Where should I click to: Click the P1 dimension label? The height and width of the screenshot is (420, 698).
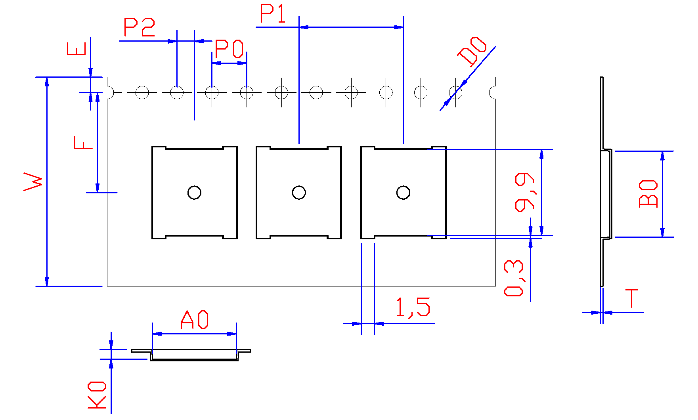click(273, 13)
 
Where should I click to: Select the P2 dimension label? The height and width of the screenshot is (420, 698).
click(139, 27)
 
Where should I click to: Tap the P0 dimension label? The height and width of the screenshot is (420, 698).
click(229, 49)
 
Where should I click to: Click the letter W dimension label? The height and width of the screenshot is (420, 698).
click(33, 181)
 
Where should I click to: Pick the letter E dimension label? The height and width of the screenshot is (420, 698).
click(76, 49)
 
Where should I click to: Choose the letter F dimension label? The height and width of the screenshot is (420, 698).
click(83, 143)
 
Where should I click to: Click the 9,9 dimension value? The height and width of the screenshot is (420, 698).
click(524, 192)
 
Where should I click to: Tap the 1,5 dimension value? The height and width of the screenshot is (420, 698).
click(413, 307)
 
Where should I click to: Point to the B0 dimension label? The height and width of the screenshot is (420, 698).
click(648, 194)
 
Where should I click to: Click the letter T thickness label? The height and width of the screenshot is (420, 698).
click(631, 298)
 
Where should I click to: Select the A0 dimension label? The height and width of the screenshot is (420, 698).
click(194, 320)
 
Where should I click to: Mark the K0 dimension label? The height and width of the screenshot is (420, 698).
click(97, 395)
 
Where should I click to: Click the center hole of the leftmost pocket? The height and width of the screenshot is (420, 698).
click(194, 193)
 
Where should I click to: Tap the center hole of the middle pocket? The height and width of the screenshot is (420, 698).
click(299, 193)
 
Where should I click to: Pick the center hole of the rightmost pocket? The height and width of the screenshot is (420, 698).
click(403, 193)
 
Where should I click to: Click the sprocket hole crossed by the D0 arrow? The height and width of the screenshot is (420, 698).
click(455, 93)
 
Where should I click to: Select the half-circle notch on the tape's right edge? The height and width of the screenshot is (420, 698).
click(493, 93)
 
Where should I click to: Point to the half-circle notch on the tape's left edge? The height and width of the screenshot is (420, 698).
click(110, 93)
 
